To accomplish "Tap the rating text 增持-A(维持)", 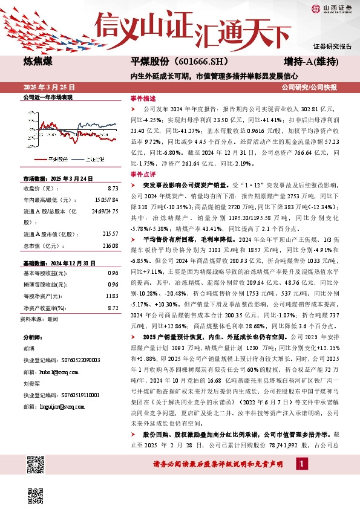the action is coord(311,62).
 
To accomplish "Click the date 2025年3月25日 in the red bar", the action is coord(47,87).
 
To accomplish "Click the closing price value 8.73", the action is coord(113,189).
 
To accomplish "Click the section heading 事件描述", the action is coord(143,98).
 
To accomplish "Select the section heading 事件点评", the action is coord(143,173).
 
